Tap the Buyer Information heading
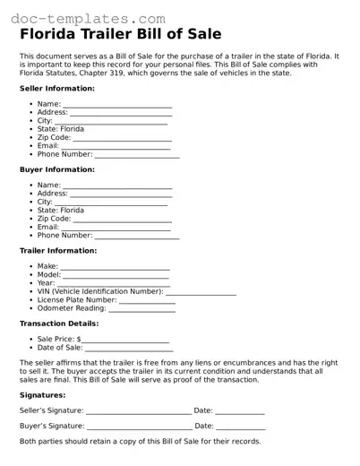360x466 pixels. coord(57,169)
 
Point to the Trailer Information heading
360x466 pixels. coord(59,251)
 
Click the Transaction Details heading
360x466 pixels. coord(59,324)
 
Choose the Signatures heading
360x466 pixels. coord(43,395)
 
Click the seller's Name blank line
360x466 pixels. coord(117,106)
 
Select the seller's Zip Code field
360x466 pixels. coord(123,138)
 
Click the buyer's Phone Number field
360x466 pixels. coord(137,236)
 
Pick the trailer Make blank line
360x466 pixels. coord(115,268)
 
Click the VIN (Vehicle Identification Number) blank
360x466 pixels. coord(201,292)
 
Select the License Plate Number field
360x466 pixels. coord(148,300)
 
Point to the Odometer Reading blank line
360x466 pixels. coord(142,308)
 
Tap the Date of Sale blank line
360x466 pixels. coord(127,349)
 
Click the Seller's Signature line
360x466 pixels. coord(139,411)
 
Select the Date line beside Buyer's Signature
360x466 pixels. coord(241,427)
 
